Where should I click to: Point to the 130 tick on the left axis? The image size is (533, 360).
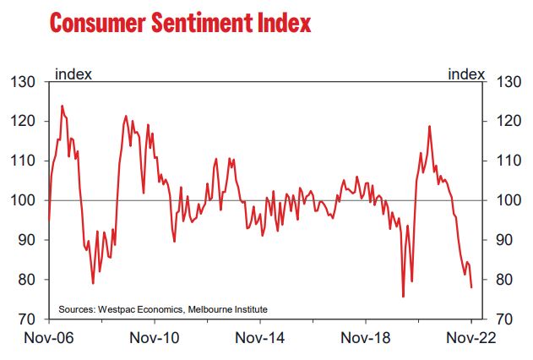22,82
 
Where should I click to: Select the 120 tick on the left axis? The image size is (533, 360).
22,122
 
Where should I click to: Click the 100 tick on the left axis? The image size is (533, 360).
22,200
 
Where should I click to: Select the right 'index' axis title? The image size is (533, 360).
466,73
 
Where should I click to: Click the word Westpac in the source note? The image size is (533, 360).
121,307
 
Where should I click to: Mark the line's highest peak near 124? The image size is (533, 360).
62,106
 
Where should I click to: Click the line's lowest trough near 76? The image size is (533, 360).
403,297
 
